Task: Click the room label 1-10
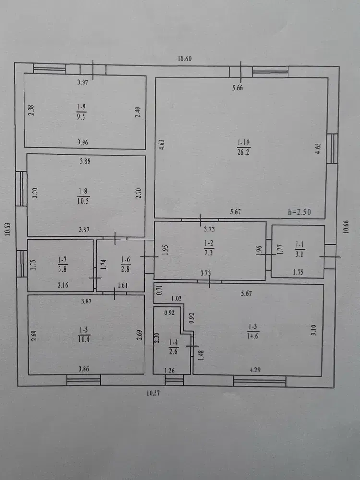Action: (x=243, y=143)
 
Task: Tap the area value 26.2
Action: (x=243, y=152)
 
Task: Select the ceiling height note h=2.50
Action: (x=299, y=212)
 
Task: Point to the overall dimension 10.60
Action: (x=184, y=59)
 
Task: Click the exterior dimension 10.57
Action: (x=153, y=393)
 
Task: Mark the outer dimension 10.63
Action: (x=8, y=228)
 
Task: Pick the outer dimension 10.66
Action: (x=346, y=227)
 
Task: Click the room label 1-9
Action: (x=81, y=107)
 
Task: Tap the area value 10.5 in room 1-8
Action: (x=83, y=201)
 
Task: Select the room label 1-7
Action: (x=62, y=260)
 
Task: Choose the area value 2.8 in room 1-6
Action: (x=125, y=269)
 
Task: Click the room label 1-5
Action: (x=84, y=330)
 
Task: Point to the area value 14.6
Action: (x=253, y=336)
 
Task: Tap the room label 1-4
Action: (x=173, y=343)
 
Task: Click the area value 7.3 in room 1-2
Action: (x=209, y=253)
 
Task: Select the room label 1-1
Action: (x=300, y=244)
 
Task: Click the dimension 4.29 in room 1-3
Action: (x=255, y=370)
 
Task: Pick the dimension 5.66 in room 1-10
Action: (x=238, y=88)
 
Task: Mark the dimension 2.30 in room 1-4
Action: (x=157, y=337)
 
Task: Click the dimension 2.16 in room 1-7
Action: (x=63, y=285)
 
